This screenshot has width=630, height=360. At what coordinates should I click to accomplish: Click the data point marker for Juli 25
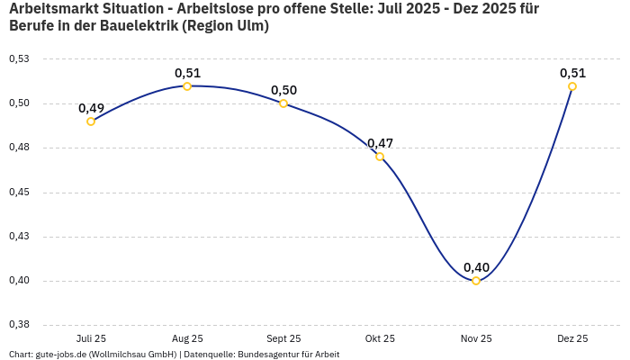click(x=91, y=121)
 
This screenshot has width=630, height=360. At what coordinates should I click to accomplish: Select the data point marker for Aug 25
click(x=187, y=86)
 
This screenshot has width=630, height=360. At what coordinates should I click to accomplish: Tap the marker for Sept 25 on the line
click(x=283, y=103)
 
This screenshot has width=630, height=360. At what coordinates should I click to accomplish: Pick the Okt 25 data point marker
click(x=380, y=157)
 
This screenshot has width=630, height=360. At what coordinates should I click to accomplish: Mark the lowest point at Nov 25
click(x=476, y=281)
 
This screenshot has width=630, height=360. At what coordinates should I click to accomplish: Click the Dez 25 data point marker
click(x=572, y=86)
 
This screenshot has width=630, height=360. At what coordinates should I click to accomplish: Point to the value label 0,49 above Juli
click(x=91, y=108)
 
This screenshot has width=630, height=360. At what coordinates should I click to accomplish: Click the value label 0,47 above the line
click(x=380, y=143)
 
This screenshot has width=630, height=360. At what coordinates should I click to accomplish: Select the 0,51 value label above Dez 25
click(x=572, y=73)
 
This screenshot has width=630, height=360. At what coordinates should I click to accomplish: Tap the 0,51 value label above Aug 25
click(x=187, y=73)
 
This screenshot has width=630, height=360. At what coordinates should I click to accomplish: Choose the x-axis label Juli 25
click(x=91, y=338)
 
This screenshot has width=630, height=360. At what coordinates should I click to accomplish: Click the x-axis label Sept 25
click(x=283, y=338)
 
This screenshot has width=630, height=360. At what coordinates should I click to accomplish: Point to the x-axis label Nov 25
click(x=476, y=338)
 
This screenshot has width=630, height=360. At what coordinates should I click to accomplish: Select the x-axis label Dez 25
click(x=572, y=338)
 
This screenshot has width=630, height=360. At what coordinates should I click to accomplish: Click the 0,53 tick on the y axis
click(x=19, y=59)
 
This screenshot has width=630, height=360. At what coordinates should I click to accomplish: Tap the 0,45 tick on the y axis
click(x=19, y=193)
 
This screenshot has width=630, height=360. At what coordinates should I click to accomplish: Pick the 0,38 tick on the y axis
click(x=19, y=325)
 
